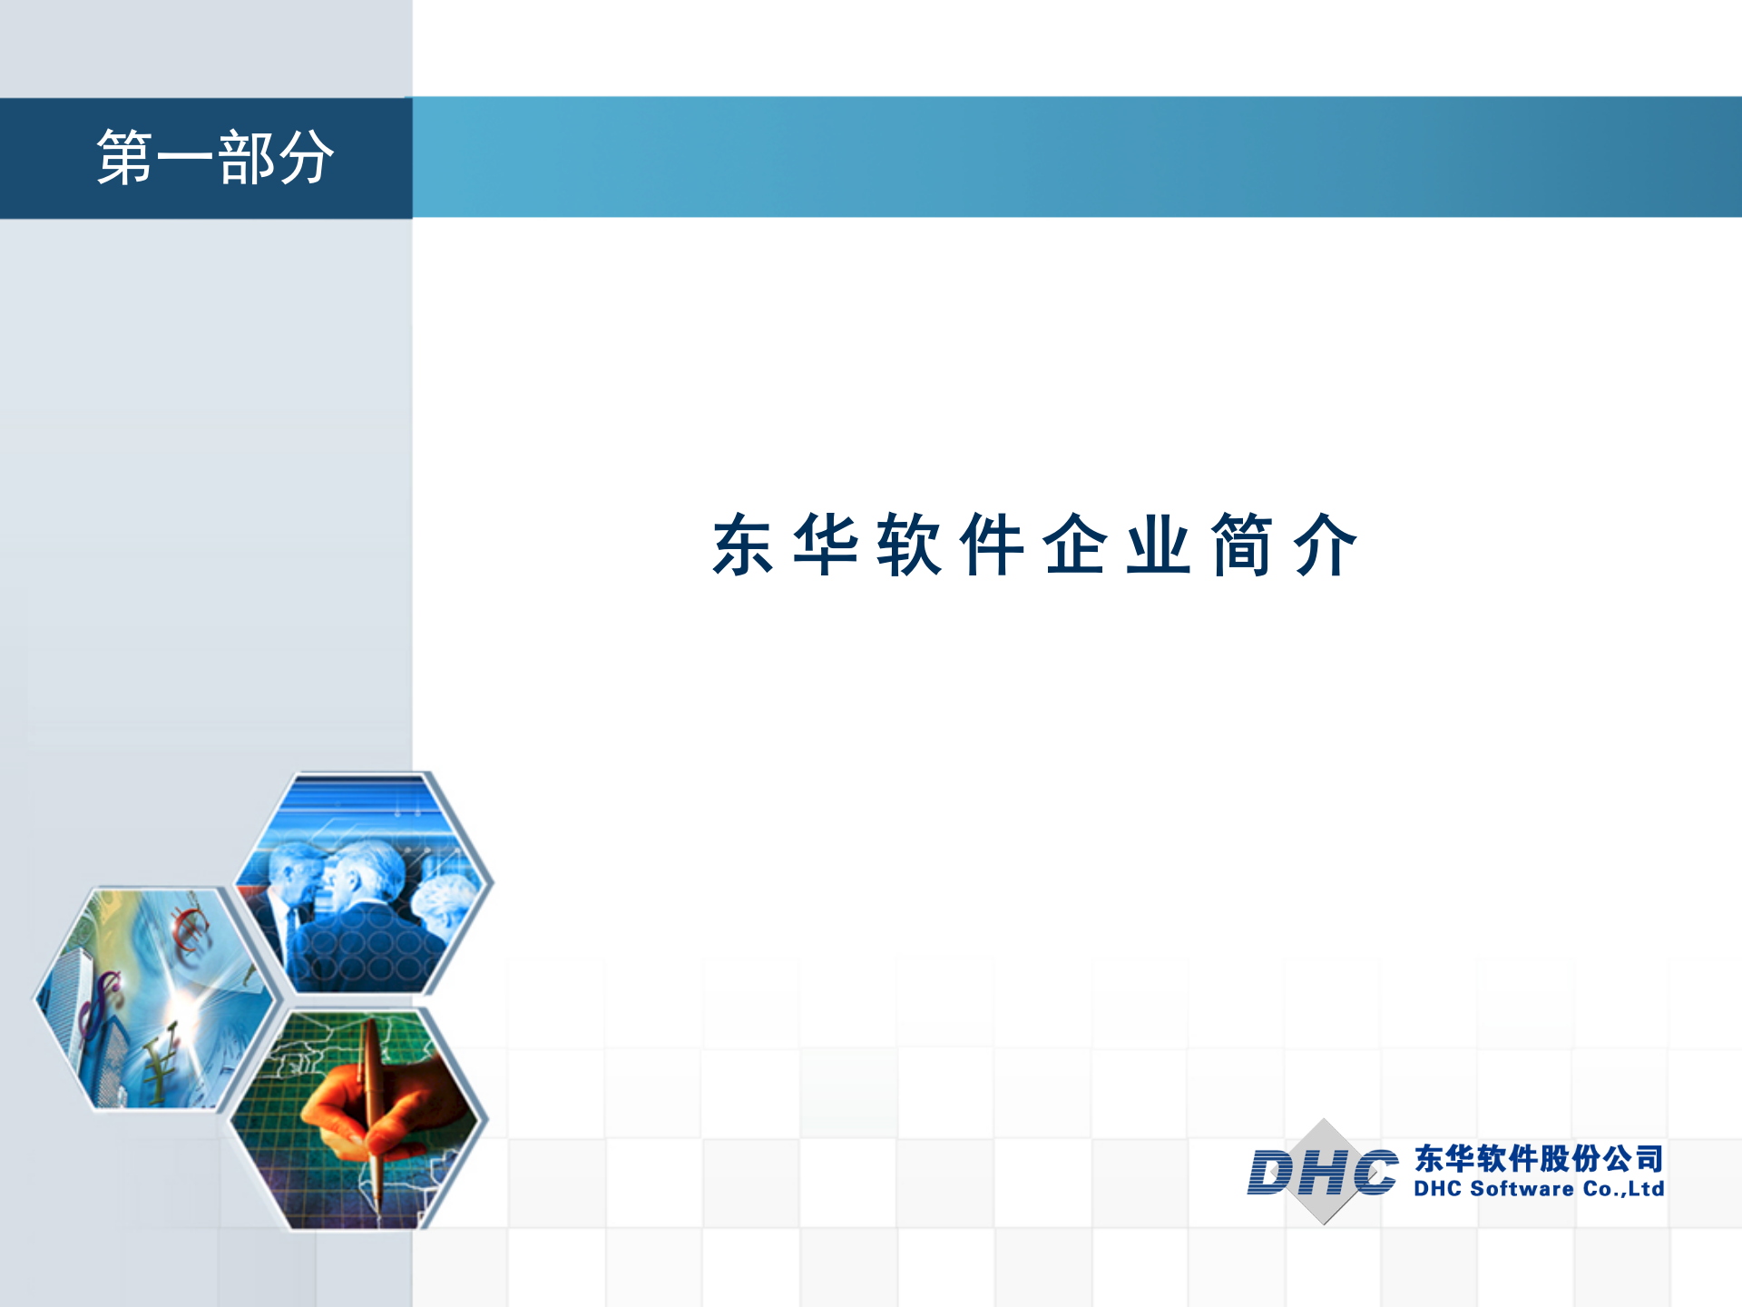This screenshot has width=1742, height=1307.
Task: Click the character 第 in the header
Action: (x=125, y=158)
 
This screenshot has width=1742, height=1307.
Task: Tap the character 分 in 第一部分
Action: (x=306, y=158)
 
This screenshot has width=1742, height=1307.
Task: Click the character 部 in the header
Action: (x=246, y=158)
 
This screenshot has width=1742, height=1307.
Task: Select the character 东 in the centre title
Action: (x=743, y=545)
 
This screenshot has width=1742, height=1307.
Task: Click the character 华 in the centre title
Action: (x=826, y=545)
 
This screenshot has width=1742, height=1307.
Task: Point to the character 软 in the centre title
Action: (x=909, y=545)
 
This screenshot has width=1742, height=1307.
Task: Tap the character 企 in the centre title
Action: (x=1075, y=545)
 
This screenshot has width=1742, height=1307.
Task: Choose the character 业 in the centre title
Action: (x=1159, y=545)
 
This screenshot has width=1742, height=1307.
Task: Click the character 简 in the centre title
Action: (x=1242, y=545)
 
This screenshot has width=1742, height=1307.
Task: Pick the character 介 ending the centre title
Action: (x=1326, y=545)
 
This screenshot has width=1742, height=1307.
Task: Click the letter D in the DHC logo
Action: (x=1272, y=1173)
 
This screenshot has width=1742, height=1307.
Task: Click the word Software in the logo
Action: (x=1522, y=1189)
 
